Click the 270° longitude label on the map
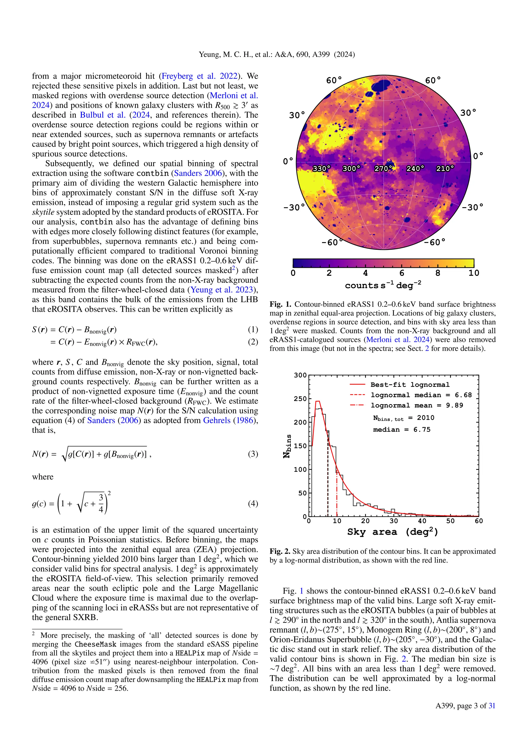[x=383, y=169]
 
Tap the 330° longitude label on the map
[x=321, y=169]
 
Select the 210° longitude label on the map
[x=445, y=169]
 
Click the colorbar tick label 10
[x=474, y=273]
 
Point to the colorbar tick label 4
[x=365, y=273]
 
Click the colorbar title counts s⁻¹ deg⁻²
[x=383, y=285]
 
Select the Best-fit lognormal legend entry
[x=410, y=385]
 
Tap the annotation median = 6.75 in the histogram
[x=401, y=429]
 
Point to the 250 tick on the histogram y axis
[x=300, y=399]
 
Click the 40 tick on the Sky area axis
[x=422, y=521]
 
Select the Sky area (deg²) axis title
[x=392, y=532]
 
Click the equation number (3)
[x=253, y=454]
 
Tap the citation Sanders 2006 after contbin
[x=198, y=173]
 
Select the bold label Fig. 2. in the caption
[x=280, y=551]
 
